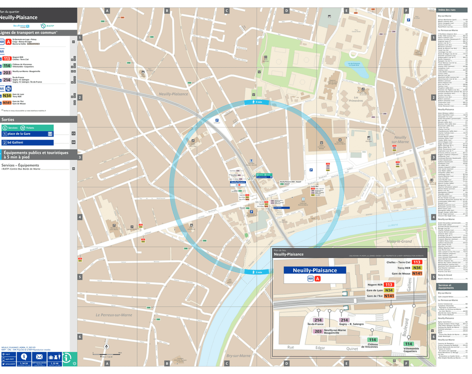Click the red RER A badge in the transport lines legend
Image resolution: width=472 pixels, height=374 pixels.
coord(7,42)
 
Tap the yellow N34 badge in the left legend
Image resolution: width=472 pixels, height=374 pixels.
coord(6,95)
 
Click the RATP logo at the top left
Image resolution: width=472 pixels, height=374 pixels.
coord(43,26)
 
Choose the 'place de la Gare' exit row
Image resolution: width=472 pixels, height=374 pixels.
coord(34,134)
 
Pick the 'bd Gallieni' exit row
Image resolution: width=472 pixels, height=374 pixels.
coord(34,142)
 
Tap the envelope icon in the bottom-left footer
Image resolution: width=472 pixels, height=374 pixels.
coord(39,356)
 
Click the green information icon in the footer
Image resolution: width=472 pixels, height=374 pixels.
coord(69,358)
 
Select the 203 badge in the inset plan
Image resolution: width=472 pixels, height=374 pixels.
coord(317,331)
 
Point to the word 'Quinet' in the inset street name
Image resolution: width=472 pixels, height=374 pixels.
coord(352,348)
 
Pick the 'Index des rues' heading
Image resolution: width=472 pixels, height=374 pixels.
coord(446,10)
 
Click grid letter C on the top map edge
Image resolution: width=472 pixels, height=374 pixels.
coord(226,10)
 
